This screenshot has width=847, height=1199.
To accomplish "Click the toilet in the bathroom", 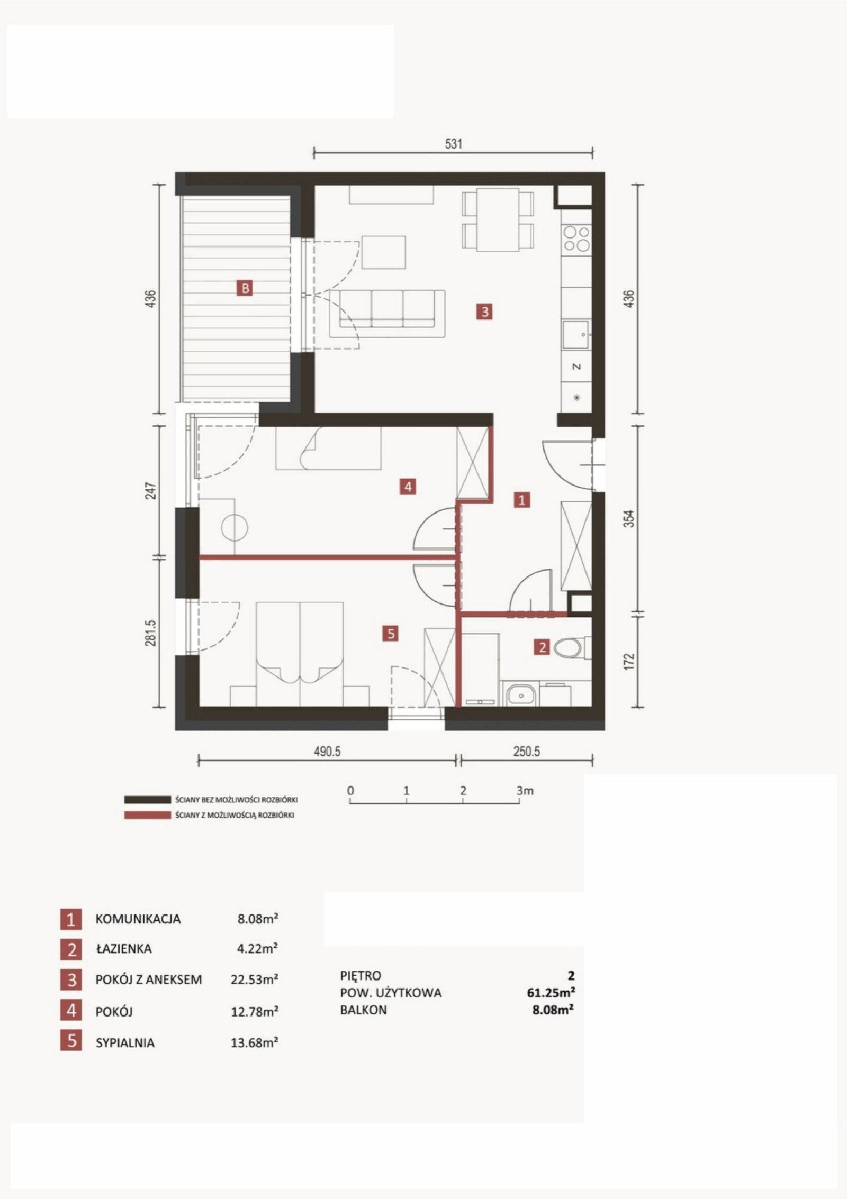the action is (572, 647).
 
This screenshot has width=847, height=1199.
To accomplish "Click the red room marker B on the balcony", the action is (245, 288).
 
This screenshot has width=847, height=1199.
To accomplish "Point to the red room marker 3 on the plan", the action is (484, 312).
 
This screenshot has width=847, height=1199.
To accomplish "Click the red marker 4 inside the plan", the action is (408, 486).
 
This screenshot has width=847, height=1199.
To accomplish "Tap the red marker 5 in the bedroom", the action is (391, 633).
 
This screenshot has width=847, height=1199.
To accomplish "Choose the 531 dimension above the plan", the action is (454, 143).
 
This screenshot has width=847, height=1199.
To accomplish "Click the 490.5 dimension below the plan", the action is (327, 752).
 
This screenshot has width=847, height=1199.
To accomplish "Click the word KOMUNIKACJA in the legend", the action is (138, 919).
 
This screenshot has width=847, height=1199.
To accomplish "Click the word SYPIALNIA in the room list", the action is (125, 1043).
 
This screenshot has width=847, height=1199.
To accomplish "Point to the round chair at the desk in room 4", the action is (235, 527).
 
